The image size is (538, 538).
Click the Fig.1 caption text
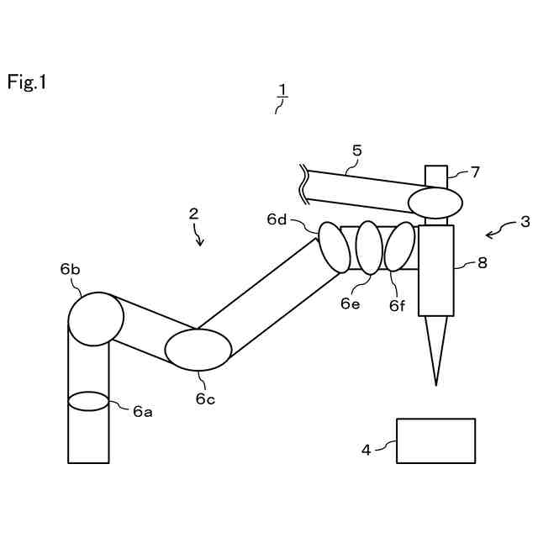click(x=28, y=82)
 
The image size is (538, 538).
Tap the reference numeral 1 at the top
click(x=283, y=89)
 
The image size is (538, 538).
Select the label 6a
click(x=142, y=410)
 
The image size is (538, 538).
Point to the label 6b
click(x=70, y=269)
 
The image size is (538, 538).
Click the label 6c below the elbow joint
click(x=205, y=398)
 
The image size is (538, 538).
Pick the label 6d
click(x=277, y=219)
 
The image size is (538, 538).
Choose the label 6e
click(x=351, y=303)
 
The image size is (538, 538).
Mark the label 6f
click(x=398, y=306)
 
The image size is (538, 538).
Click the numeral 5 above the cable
click(x=356, y=150)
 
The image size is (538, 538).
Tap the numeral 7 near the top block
click(x=475, y=172)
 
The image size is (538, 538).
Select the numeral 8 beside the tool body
click(x=482, y=261)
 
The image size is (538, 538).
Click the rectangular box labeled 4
click(x=435, y=440)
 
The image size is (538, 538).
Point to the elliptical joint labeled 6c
click(x=198, y=350)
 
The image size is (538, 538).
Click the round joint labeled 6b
click(x=96, y=319)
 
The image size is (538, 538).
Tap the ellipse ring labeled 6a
click(x=88, y=401)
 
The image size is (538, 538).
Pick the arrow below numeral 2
click(x=199, y=238)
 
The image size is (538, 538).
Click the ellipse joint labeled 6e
click(x=369, y=247)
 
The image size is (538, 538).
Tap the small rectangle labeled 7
click(x=435, y=177)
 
